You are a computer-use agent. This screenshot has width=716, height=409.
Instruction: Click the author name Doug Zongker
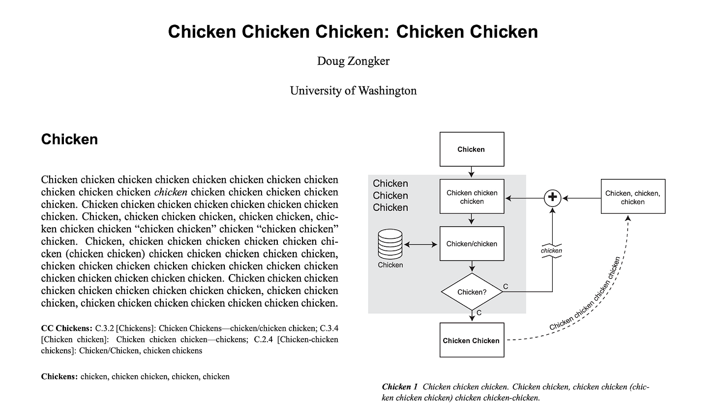coord(353,61)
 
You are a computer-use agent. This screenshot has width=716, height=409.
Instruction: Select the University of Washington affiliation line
coord(353,91)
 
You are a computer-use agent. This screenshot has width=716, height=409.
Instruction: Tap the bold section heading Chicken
coord(69,140)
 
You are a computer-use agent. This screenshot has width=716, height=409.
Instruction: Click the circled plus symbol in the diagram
coord(552,198)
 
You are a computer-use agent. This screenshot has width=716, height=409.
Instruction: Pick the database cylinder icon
coord(390,244)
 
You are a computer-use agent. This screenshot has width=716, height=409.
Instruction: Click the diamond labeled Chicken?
coord(472,292)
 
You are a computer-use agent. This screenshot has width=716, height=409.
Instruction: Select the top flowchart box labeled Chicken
coord(472,149)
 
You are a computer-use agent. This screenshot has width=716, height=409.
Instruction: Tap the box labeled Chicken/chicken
coord(472,244)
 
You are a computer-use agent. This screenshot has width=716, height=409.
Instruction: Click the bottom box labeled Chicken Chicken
coord(472,340)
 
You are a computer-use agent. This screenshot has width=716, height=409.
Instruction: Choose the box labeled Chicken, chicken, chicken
coord(633,197)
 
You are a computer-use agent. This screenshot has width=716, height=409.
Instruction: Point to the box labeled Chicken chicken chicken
coord(472,197)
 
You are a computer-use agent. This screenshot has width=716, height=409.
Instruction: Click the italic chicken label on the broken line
coord(551,251)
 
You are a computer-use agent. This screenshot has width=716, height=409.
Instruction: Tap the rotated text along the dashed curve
coord(585,295)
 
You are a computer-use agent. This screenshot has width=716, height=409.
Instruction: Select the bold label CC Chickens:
coord(66,328)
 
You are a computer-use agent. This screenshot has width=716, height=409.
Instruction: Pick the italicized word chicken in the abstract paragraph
coord(171,192)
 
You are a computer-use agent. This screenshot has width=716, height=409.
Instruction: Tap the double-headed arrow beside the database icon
coord(420,244)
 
